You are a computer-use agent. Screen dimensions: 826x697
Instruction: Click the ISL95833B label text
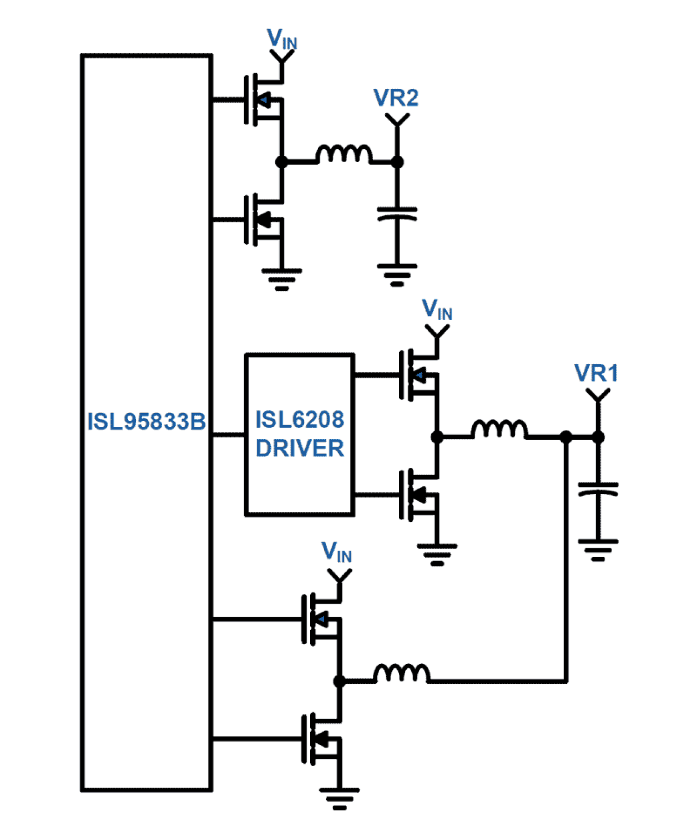coord(146,421)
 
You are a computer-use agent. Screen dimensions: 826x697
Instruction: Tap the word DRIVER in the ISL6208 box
coord(300,449)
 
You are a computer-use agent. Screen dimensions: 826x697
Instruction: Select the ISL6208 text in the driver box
coord(300,420)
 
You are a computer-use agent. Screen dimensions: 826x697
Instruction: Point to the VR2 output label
coord(396,98)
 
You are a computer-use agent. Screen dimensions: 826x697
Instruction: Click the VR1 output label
coord(596,373)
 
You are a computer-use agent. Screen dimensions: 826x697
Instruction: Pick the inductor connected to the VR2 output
coord(344,154)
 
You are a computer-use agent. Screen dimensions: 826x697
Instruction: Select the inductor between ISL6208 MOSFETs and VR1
coord(499,430)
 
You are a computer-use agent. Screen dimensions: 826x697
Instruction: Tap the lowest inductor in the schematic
coord(402,673)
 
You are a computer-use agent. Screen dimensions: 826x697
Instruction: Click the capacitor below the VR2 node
coord(397,214)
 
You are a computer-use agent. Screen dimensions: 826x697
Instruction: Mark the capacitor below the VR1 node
coord(598,489)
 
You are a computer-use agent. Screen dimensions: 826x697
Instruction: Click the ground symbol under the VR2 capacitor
coord(397,274)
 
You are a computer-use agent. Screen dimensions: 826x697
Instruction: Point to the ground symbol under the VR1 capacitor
coord(598,549)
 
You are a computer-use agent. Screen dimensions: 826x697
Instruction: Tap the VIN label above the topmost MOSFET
coord(282,39)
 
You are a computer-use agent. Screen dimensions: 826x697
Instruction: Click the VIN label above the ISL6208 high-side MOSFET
coord(437,309)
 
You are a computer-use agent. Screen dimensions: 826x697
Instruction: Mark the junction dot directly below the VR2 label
coord(397,162)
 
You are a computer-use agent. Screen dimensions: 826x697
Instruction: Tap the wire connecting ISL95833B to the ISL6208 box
coord(229,435)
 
